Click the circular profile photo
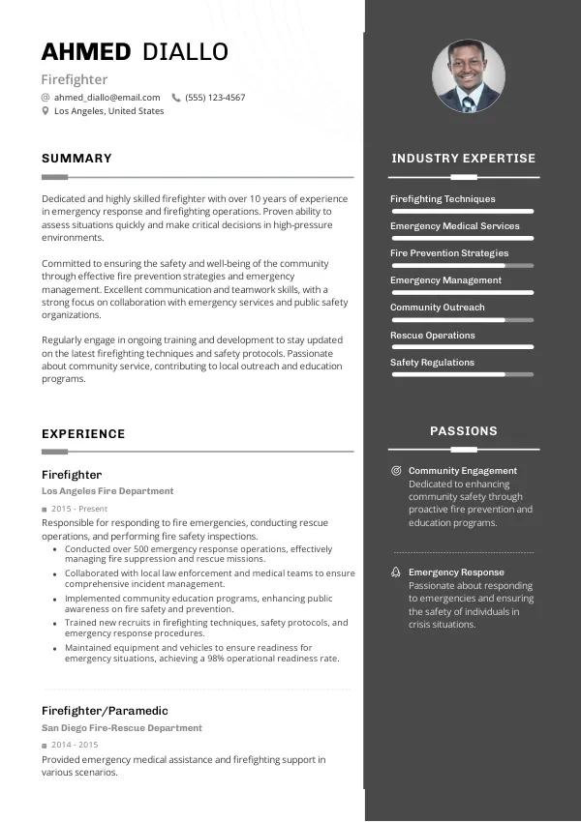(468, 76)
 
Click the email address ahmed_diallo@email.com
(107, 98)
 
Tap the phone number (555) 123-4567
(215, 98)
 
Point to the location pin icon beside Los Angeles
(46, 111)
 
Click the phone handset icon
(176, 98)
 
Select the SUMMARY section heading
(76, 159)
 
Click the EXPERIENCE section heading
(83, 434)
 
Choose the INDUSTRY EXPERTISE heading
(463, 159)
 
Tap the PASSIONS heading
(463, 431)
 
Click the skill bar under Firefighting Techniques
(462, 211)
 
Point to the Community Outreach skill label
(437, 308)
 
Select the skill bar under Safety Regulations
(462, 374)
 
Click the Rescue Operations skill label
(432, 336)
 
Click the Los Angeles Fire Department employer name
(107, 491)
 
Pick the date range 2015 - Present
(79, 509)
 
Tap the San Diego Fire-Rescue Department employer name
(122, 728)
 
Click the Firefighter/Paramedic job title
(105, 711)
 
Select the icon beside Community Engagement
(396, 471)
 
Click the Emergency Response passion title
(456, 572)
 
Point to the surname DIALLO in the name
(185, 52)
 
